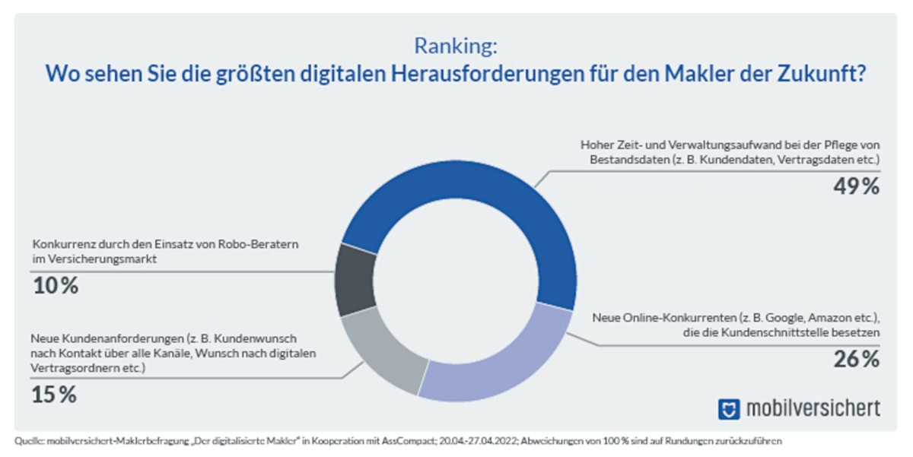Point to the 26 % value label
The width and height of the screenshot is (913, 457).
point(855,359)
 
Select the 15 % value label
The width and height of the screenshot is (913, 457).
point(54,395)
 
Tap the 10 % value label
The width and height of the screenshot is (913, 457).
point(56,286)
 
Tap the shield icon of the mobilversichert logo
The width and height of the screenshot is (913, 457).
point(728,409)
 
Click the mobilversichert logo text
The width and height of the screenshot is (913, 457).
point(812,408)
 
